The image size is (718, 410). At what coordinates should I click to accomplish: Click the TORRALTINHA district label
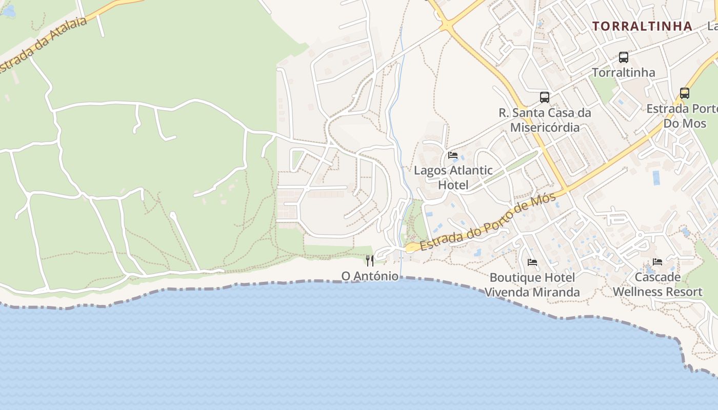(x=642, y=26)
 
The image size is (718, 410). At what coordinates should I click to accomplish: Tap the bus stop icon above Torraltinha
(x=624, y=57)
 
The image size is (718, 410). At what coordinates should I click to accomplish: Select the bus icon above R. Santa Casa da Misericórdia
(x=545, y=97)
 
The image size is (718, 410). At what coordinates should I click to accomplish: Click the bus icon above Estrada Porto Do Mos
(x=684, y=93)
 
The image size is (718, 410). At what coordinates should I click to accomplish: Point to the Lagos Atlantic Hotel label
(x=453, y=177)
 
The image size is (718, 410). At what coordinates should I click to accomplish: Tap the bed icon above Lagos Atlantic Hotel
(x=452, y=155)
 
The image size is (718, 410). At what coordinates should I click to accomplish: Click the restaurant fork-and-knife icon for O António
(x=369, y=261)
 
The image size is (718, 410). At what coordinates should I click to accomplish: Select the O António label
(x=370, y=276)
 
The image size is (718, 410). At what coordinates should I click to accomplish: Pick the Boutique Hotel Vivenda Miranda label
(x=532, y=285)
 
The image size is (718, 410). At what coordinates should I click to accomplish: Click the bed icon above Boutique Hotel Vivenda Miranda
(x=532, y=262)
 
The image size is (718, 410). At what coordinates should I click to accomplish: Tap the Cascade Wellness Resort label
(x=657, y=284)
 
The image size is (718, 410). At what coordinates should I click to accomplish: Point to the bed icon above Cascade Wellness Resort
(x=657, y=262)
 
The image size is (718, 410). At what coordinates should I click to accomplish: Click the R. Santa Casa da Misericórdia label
(x=545, y=120)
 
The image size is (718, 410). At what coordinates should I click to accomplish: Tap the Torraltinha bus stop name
(x=624, y=73)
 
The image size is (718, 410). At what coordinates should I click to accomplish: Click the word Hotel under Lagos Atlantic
(x=453, y=185)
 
